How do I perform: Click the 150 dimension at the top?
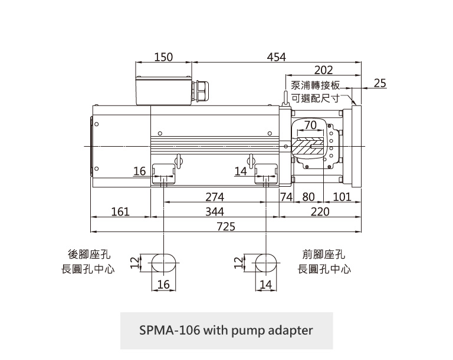pos(163,57)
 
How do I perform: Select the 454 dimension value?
pos(276,57)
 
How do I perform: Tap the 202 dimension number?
pos(323,70)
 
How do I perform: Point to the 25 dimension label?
pos(380,83)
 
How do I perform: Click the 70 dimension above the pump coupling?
pos(311,124)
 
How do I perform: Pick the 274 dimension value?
pos(215,197)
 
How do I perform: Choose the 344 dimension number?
pos(215,211)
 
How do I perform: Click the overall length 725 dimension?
pos(226,226)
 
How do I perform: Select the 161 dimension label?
pos(120,211)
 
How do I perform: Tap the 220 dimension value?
pos(320,211)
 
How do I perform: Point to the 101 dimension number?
pos(342,197)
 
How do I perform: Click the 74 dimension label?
pos(287,197)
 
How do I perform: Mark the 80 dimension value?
pos(308,197)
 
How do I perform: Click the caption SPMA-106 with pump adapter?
pos(226,330)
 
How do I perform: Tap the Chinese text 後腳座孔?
pos(89,255)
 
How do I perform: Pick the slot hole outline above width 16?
pos(164,263)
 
